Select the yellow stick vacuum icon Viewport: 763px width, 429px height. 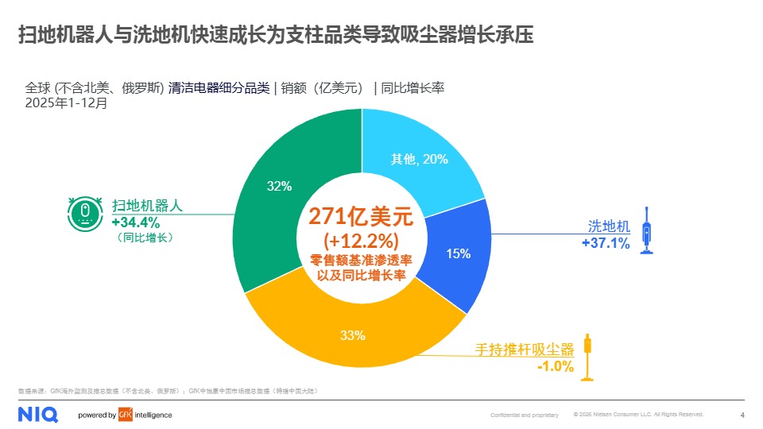click(588, 357)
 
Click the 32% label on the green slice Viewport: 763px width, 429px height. click(279, 186)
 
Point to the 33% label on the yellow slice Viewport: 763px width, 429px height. click(352, 334)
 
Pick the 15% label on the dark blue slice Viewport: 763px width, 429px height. click(458, 253)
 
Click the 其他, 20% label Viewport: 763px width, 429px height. click(419, 159)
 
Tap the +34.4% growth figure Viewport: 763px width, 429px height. click(135, 221)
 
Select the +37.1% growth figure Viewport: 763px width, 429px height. click(606, 243)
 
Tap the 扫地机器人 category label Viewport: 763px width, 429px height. click(148, 205)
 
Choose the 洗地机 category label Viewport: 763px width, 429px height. click(608, 227)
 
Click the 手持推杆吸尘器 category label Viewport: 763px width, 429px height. click(524, 349)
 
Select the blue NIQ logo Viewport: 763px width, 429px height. click(35, 414)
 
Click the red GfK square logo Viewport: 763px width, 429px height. click(124, 415)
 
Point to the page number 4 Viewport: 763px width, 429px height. click(742, 415)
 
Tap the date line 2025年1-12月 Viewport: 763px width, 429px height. click(65, 102)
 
